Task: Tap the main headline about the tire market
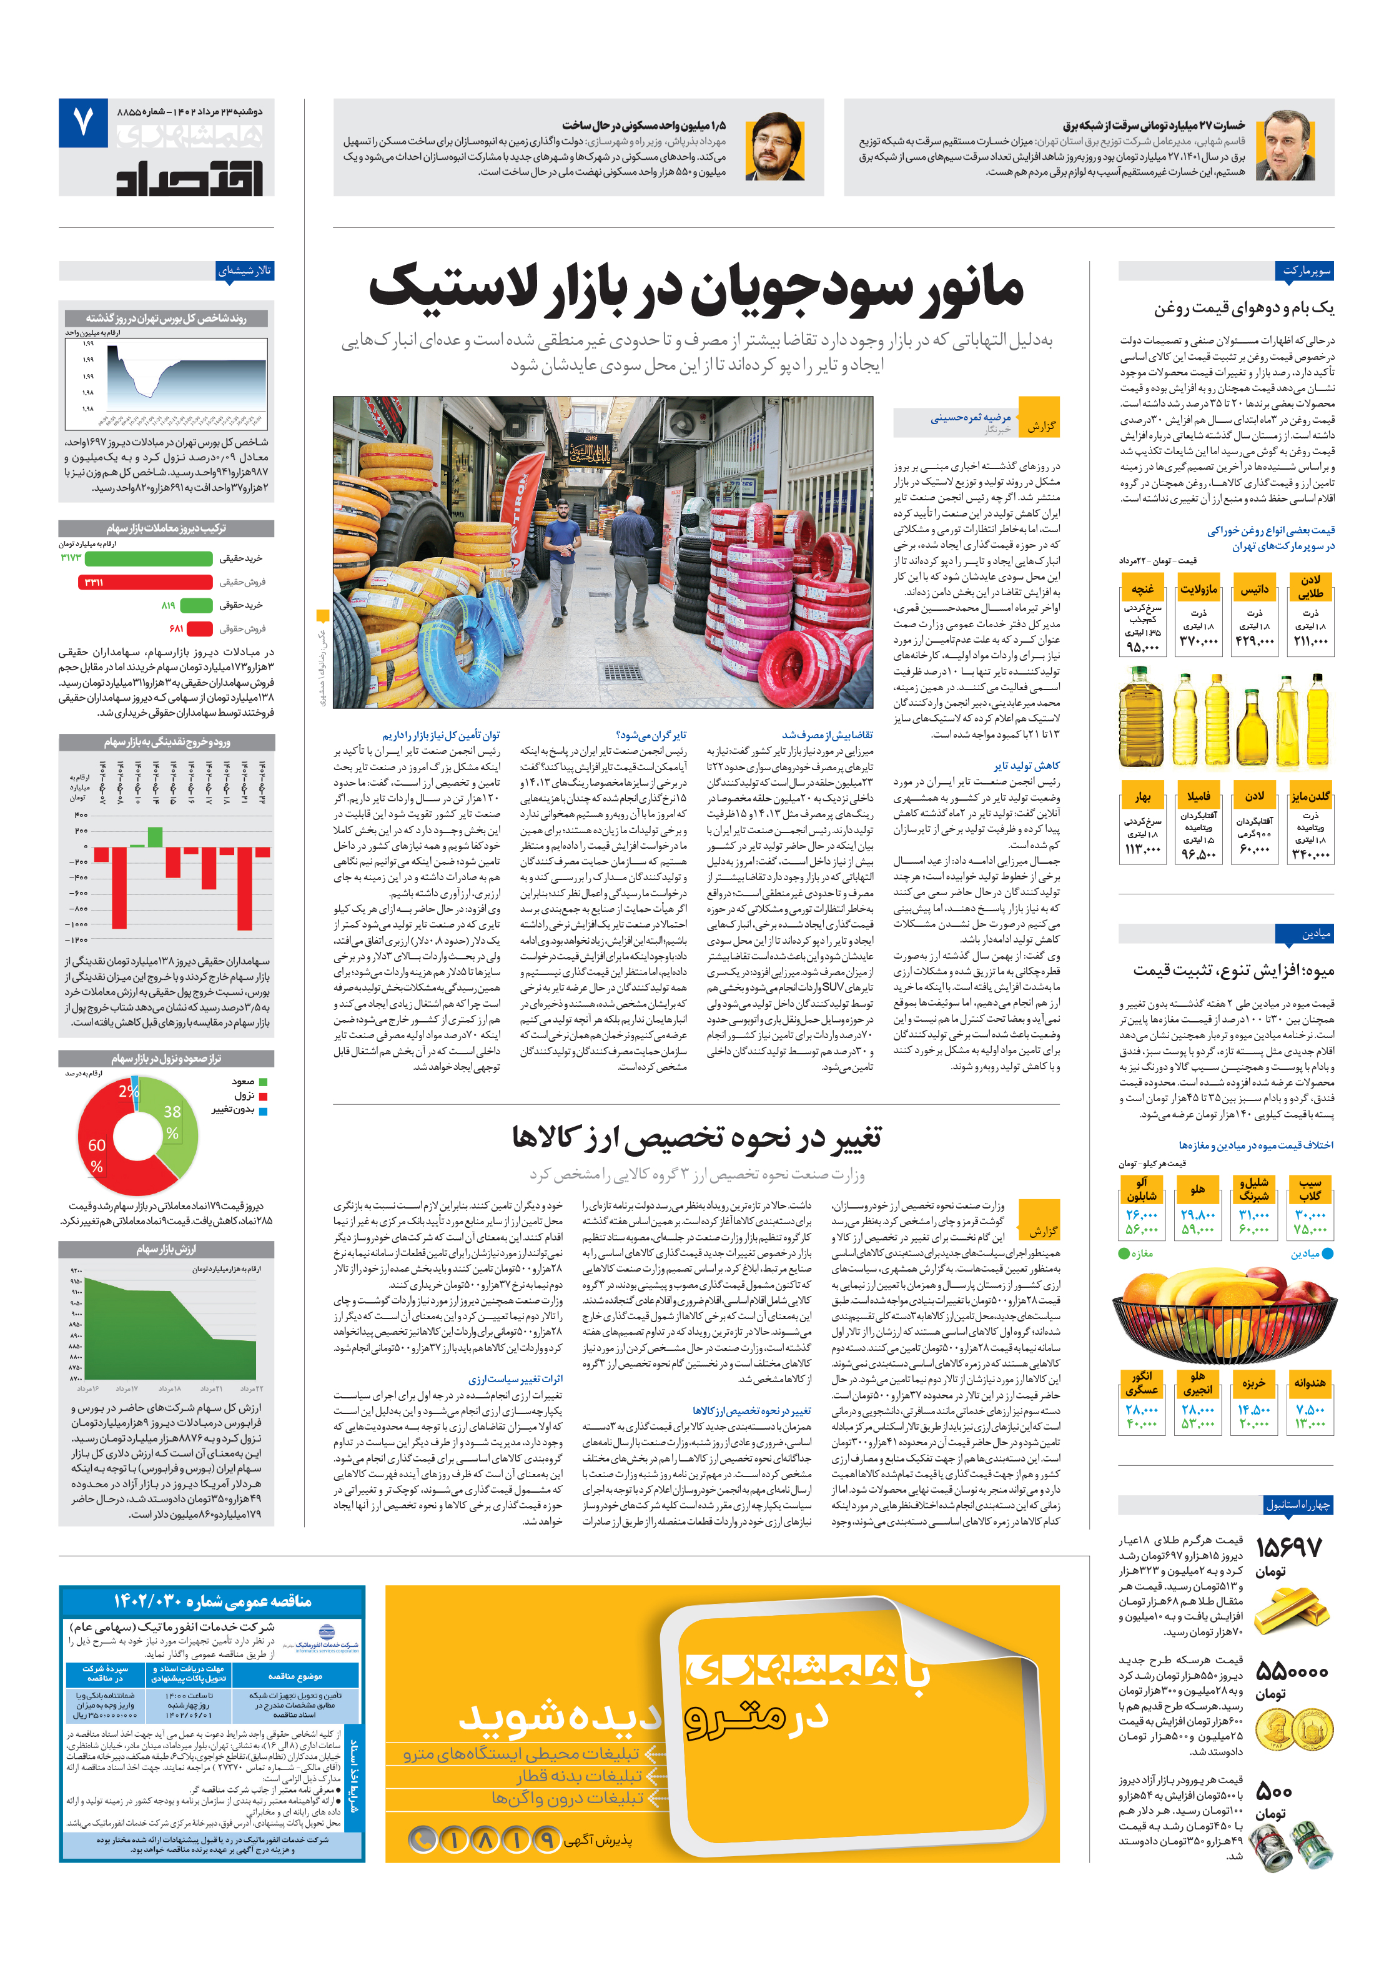coord(695,288)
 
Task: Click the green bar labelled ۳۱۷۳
coord(149,558)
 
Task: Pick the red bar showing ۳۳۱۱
coord(144,582)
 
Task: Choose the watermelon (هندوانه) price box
coord(1309,1404)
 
